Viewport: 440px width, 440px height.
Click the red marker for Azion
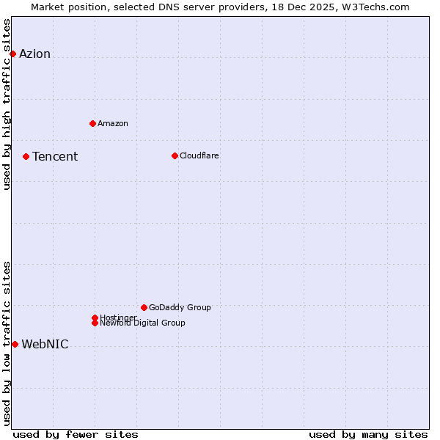(12, 54)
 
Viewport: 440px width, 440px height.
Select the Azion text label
(34, 54)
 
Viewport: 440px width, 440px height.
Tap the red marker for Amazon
(92, 123)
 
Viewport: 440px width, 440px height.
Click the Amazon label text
(112, 123)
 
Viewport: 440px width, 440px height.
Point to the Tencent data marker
(26, 156)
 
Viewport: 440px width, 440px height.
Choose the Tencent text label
(55, 156)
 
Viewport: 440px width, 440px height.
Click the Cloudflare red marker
(175, 155)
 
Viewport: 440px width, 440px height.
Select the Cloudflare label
(199, 155)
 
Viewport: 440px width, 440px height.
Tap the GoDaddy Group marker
(144, 307)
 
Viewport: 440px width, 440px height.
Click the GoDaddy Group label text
(180, 307)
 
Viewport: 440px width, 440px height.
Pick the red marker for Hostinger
(95, 318)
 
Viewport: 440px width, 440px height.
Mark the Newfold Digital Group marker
(95, 323)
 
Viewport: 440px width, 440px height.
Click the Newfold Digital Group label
(142, 323)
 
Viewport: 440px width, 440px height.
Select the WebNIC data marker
(15, 344)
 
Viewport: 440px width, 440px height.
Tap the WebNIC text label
(45, 345)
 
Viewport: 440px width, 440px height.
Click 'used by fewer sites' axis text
(76, 434)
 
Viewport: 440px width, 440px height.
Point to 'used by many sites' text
(368, 434)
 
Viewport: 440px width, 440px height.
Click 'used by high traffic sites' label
(7, 104)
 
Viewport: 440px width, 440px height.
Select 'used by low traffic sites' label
(7, 343)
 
